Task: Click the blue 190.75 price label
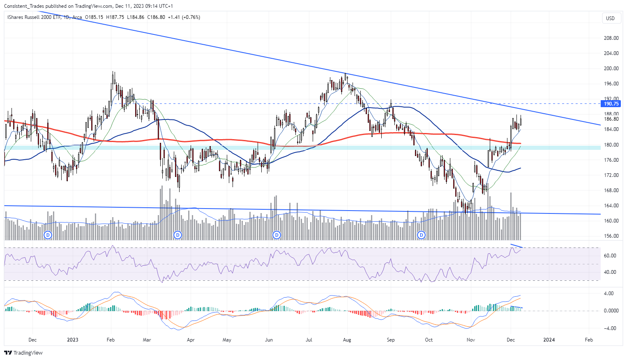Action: [611, 104]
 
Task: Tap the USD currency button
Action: [610, 18]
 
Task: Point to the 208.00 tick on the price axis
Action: [611, 38]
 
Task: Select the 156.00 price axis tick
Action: [611, 236]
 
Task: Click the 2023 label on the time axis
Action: [73, 340]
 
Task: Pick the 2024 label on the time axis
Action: [549, 340]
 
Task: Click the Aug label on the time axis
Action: [347, 340]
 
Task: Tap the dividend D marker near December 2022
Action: [48, 235]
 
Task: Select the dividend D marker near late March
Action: [177, 235]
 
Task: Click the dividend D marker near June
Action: [277, 235]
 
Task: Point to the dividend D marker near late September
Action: [421, 235]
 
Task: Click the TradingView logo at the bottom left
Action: [23, 353]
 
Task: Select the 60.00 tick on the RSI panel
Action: [610, 256]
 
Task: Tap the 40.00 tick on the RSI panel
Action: [610, 272]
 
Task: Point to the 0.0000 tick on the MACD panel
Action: [611, 311]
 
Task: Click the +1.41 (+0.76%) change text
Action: [184, 17]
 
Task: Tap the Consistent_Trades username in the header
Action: [25, 6]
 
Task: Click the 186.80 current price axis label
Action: [611, 119]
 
